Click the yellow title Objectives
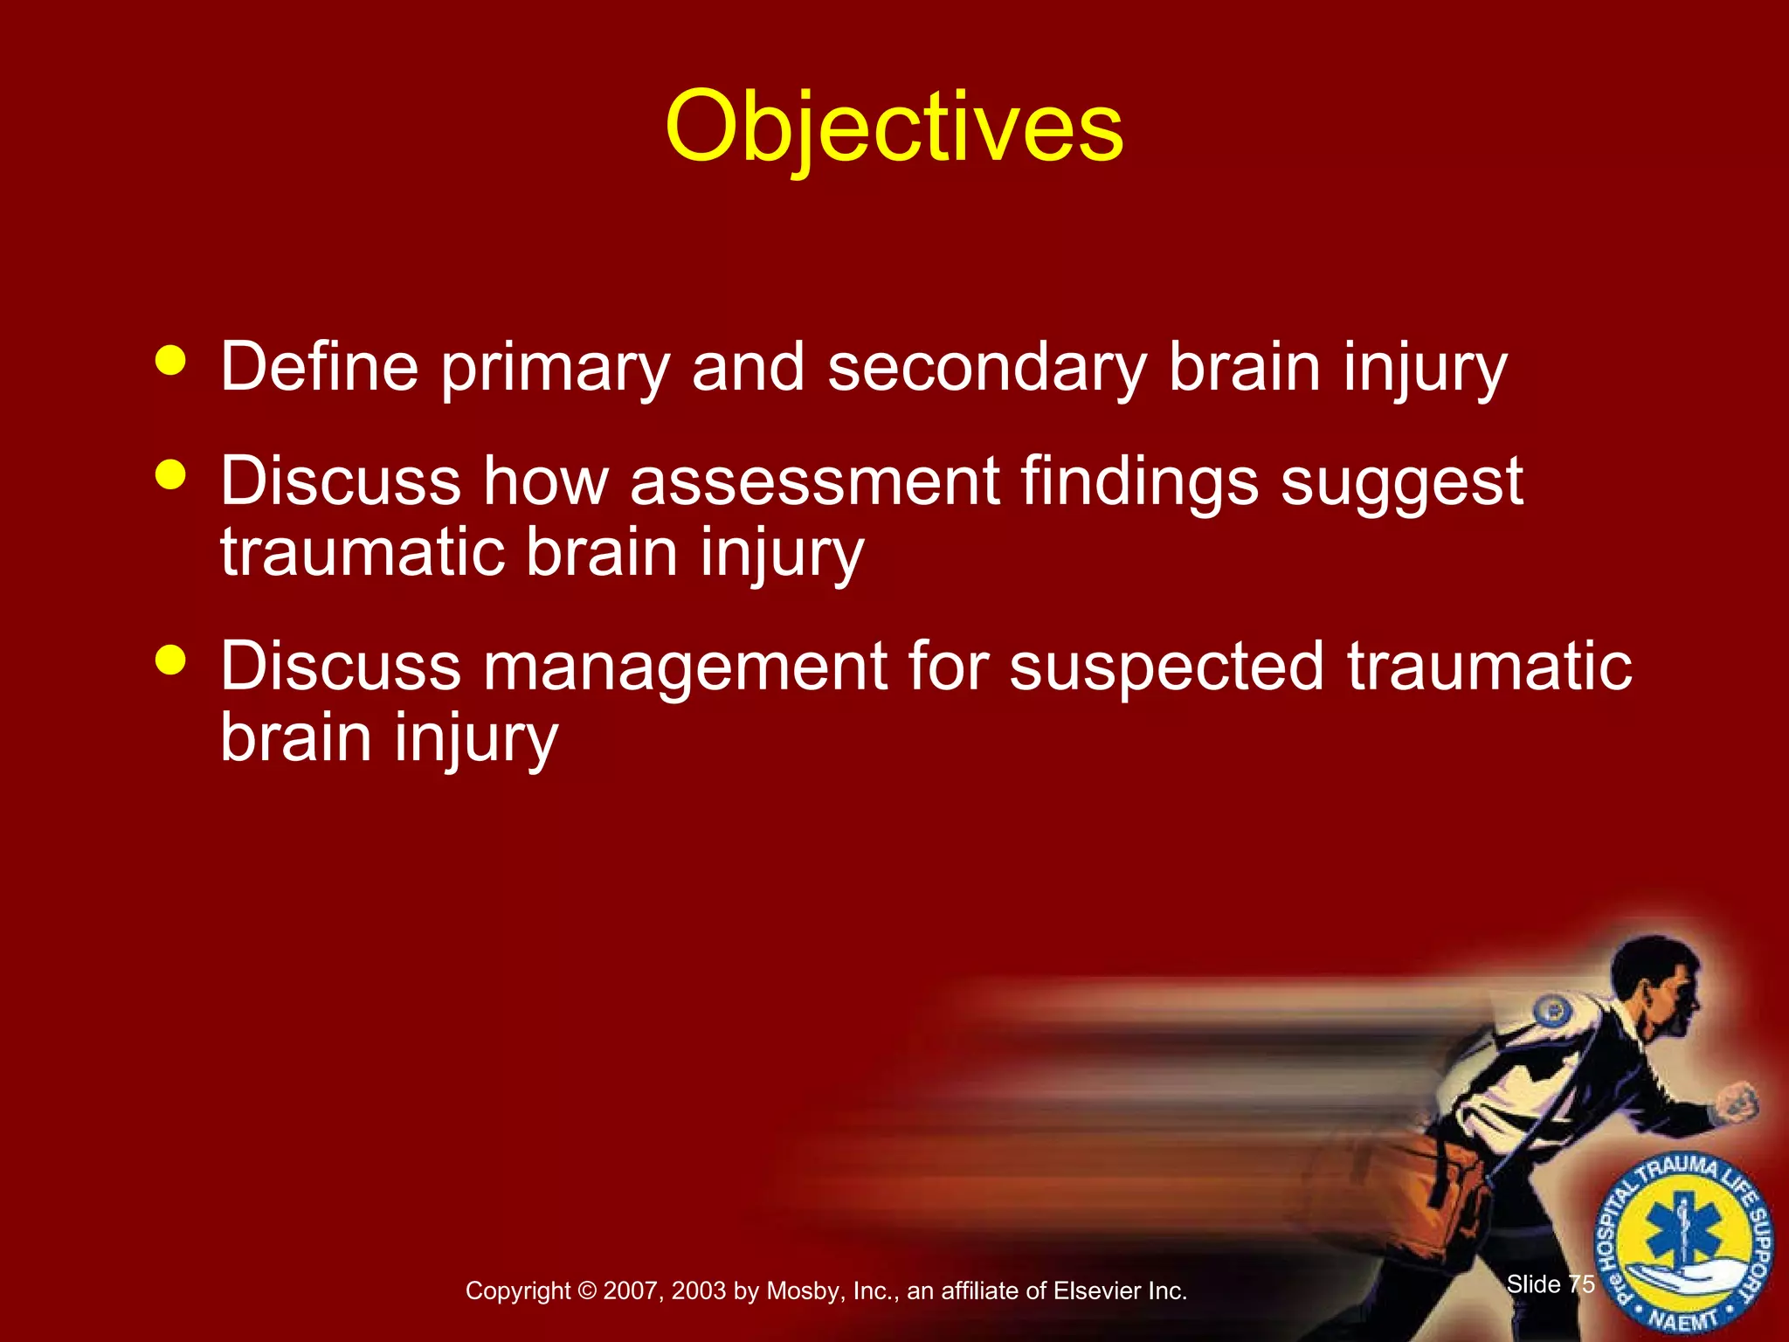point(894,127)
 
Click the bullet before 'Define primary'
point(170,360)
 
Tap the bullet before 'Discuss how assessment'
point(170,474)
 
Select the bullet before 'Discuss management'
point(170,660)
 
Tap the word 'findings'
point(1139,483)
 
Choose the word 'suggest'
point(1401,483)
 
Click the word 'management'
point(685,668)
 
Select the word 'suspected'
point(1166,668)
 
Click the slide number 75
point(1581,1283)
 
